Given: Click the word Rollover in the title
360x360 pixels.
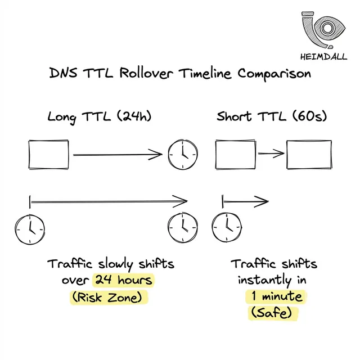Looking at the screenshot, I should tap(147, 74).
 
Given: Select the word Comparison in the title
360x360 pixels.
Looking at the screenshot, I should tap(271, 74).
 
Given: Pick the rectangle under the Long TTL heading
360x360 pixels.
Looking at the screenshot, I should tap(49, 153).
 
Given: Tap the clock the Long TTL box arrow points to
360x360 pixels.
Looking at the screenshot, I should tap(183, 154).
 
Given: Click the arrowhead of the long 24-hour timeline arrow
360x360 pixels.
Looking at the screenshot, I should tap(181, 200).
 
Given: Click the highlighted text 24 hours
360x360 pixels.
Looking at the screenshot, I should tap(123, 280).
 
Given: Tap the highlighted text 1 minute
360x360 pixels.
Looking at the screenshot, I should tap(274, 296).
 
